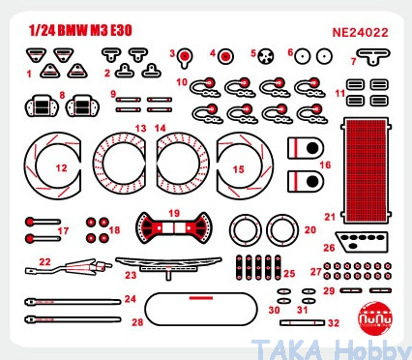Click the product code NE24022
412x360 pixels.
click(360, 33)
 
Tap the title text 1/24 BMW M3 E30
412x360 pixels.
click(80, 30)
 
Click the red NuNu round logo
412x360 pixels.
click(375, 318)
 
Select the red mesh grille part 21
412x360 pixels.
click(366, 170)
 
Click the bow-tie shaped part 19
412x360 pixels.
click(174, 227)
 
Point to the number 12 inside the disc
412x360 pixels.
click(61, 167)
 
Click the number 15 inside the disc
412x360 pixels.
click(238, 169)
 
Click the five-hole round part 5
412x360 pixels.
click(266, 56)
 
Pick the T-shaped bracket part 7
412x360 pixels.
click(373, 55)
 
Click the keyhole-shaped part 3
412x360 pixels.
click(185, 57)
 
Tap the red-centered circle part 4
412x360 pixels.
click(225, 57)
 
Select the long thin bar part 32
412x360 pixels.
click(303, 322)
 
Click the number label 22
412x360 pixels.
click(44, 261)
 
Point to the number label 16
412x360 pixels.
click(325, 165)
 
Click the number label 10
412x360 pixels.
click(182, 82)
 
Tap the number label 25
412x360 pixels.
click(289, 274)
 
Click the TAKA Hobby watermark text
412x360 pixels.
click(332, 349)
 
